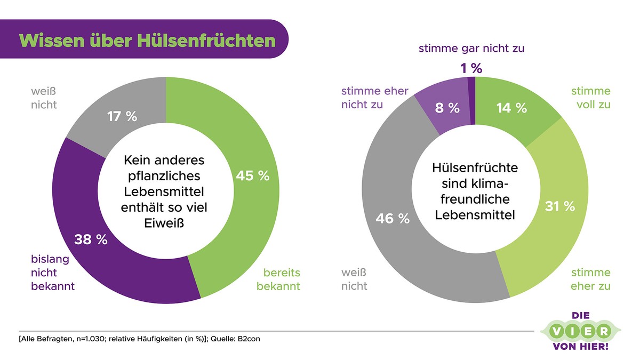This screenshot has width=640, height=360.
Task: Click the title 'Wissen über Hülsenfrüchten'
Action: coord(147,41)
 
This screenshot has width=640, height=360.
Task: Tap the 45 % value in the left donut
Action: coord(252,176)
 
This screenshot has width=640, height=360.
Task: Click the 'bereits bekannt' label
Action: coord(278,279)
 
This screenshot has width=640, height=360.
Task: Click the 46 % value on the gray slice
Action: coord(393,218)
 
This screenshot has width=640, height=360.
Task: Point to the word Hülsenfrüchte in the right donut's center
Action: coord(475,167)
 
